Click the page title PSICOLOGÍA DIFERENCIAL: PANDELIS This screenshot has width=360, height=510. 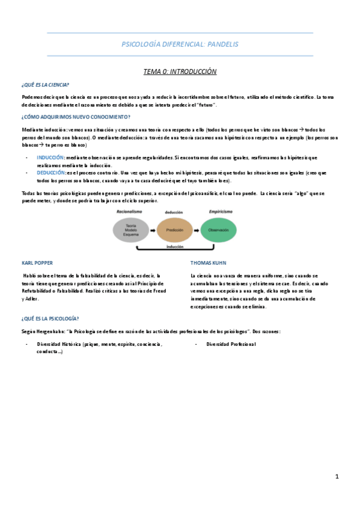(180, 44)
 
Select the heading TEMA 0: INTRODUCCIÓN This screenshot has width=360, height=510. (180, 72)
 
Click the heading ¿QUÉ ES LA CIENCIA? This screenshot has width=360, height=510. (45, 85)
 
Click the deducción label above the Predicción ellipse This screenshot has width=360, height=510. (174, 212)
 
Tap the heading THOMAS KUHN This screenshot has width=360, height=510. (208, 263)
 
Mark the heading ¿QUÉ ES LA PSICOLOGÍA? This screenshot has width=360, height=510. (50, 318)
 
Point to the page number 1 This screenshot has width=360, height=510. (337, 476)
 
